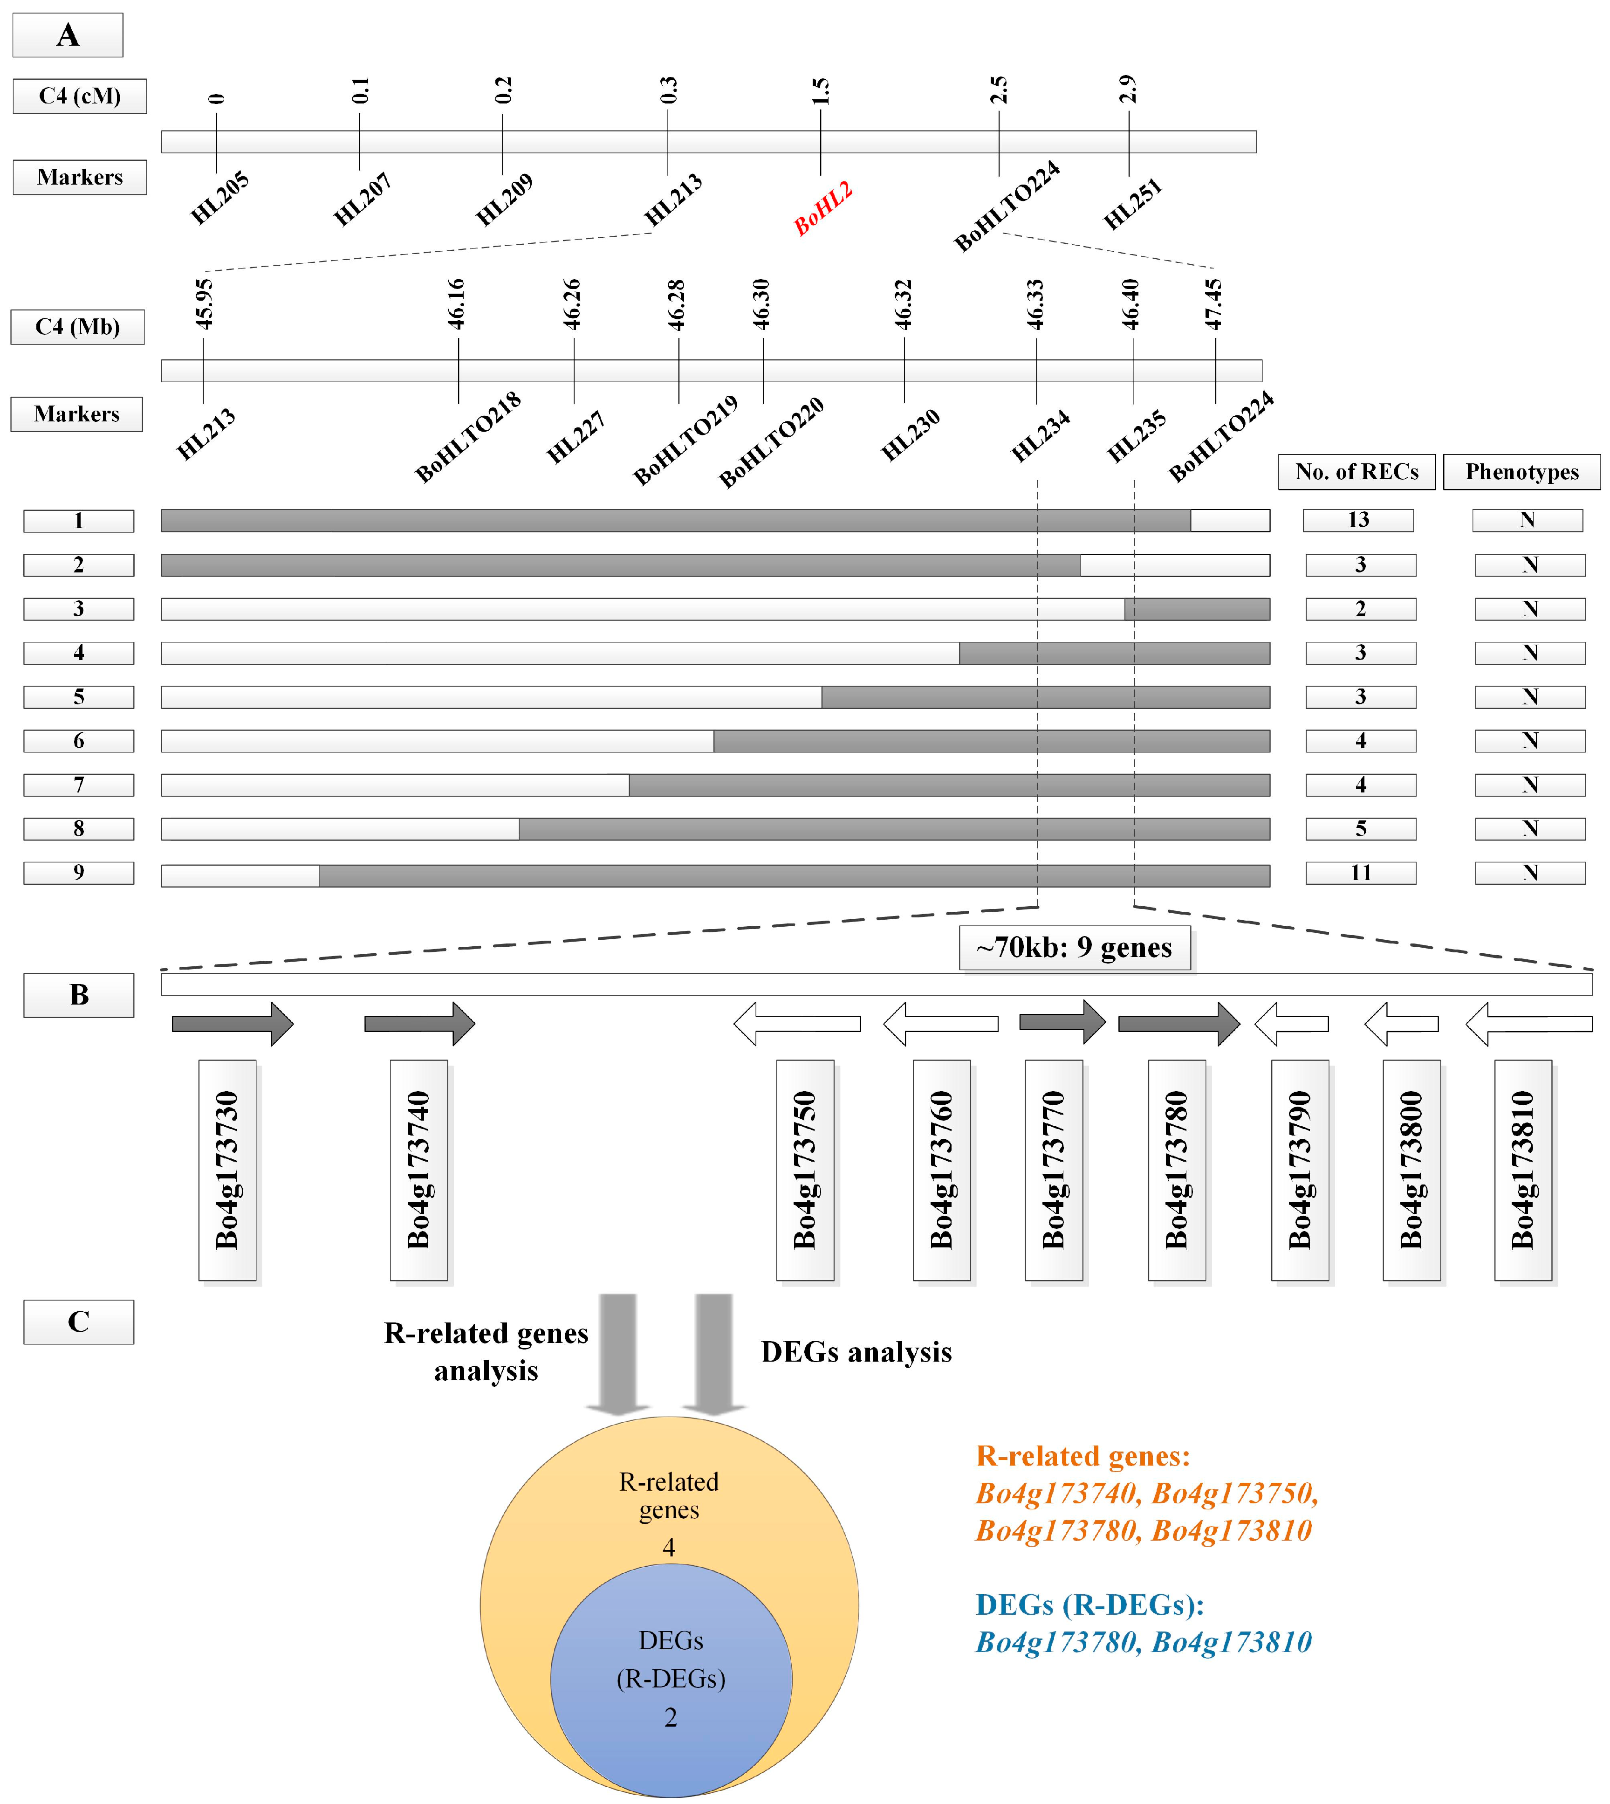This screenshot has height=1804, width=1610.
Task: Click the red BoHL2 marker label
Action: pyautogui.click(x=822, y=209)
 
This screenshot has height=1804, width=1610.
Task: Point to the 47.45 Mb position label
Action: pyautogui.click(x=1214, y=304)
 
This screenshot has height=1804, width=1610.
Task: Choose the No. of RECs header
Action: pyautogui.click(x=1356, y=472)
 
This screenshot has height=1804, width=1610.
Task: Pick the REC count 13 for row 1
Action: pyautogui.click(x=1358, y=520)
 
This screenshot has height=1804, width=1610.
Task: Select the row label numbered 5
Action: pyautogui.click(x=79, y=697)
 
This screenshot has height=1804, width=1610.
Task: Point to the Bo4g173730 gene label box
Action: pyautogui.click(x=227, y=1170)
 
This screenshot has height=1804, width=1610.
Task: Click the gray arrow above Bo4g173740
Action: pyautogui.click(x=419, y=1024)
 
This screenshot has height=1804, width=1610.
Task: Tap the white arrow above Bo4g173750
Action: pyautogui.click(x=797, y=1024)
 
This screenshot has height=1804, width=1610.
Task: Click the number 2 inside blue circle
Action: pyautogui.click(x=671, y=1717)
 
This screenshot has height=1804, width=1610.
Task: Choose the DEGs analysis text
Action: pyautogui.click(x=856, y=1352)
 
